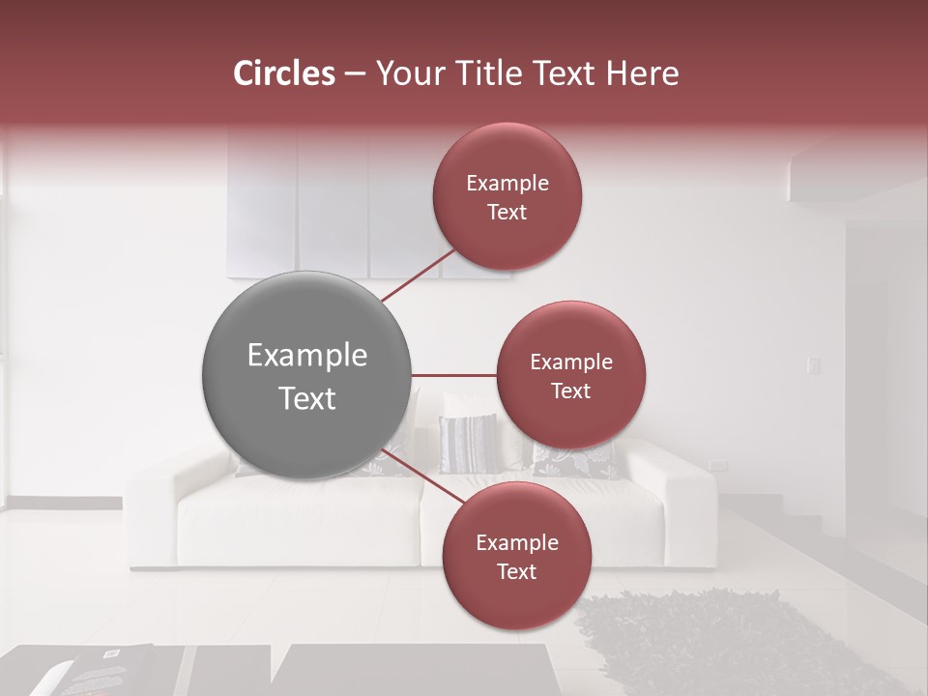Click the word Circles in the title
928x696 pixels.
click(x=283, y=73)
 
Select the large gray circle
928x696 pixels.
click(x=307, y=375)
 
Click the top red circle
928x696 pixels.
click(x=507, y=196)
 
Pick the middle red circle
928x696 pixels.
click(x=571, y=375)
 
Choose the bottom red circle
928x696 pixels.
click(x=516, y=556)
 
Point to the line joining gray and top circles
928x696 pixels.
click(x=418, y=275)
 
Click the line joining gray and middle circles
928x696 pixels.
click(x=454, y=375)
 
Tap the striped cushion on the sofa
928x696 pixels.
click(x=467, y=443)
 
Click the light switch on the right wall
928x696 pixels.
click(x=814, y=365)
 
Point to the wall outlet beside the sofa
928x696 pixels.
click(x=717, y=466)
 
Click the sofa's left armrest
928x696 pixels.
click(x=155, y=512)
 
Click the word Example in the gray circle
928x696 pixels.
click(x=307, y=356)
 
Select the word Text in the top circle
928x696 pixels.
click(x=507, y=212)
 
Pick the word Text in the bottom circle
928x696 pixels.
click(x=516, y=571)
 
